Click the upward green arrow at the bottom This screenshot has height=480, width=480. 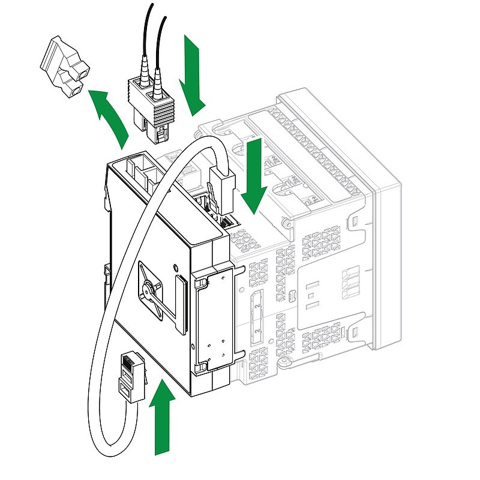tap(161, 420)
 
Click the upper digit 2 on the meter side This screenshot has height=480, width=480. tap(257, 307)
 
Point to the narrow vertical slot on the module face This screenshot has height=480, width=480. tap(180, 303)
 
